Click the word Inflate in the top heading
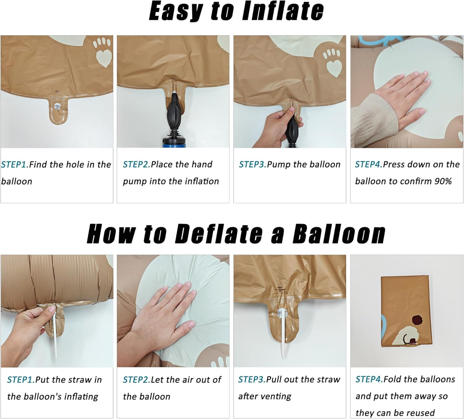pyautogui.click(x=283, y=11)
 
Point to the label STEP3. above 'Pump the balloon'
pyautogui.click(x=253, y=164)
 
